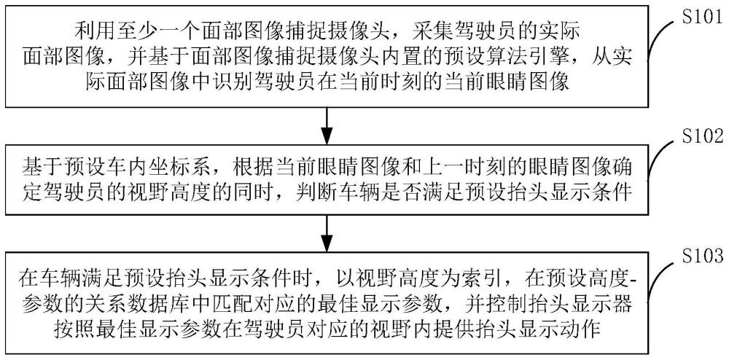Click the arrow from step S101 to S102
[x=327, y=120]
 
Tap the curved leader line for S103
[x=660, y=278]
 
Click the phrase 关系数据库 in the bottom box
[x=133, y=305]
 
